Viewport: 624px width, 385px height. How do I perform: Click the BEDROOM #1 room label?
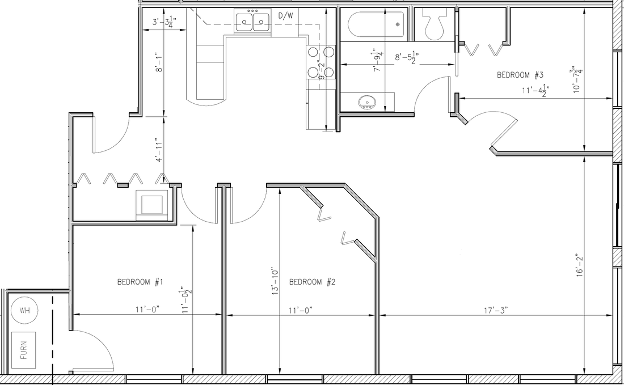tap(141, 282)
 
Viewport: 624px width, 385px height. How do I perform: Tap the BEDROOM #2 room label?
tap(313, 282)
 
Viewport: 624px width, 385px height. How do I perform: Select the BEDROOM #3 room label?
tap(521, 75)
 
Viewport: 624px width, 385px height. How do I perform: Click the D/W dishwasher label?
tap(285, 16)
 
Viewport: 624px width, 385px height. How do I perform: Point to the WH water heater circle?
tap(24, 310)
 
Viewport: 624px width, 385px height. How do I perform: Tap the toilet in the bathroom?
tap(436, 26)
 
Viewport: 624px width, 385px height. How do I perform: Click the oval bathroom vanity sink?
tap(368, 103)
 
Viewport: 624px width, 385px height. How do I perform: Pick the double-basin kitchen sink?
tap(253, 22)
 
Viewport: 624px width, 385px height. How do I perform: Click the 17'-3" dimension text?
tap(495, 310)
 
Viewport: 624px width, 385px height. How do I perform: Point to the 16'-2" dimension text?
tap(579, 265)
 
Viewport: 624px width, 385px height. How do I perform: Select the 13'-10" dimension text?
tap(275, 281)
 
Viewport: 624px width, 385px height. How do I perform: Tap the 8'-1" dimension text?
tap(159, 62)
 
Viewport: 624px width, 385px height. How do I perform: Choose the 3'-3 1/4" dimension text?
tap(165, 22)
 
